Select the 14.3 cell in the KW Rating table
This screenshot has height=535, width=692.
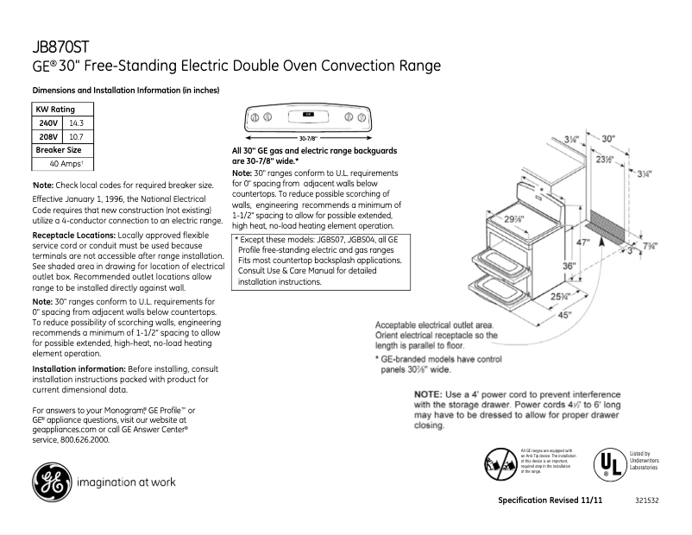pos(76,123)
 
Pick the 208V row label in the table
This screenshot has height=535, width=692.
pos(48,136)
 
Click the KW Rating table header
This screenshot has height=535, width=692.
pos(54,110)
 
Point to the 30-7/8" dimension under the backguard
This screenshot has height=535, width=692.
pos(308,138)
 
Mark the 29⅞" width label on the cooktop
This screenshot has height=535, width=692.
pos(492,218)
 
